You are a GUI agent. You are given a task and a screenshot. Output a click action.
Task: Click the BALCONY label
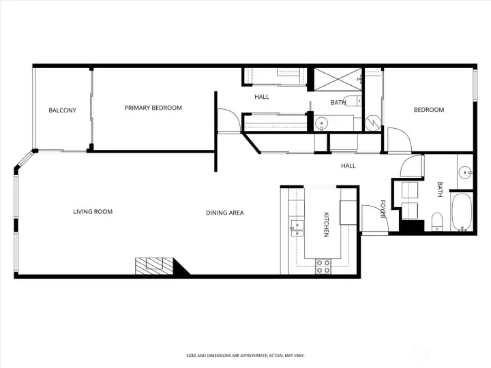click(x=62, y=110)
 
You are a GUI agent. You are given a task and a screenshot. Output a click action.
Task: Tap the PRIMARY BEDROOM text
click(x=153, y=108)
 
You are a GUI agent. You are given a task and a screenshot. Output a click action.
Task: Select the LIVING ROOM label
click(x=93, y=212)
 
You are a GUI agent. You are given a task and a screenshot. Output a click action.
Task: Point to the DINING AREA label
click(x=225, y=213)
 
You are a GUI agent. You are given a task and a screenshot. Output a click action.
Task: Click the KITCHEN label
click(x=326, y=224)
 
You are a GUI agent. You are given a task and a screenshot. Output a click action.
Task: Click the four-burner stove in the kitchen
click(x=323, y=266)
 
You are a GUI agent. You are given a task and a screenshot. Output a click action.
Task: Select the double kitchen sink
click(x=297, y=226)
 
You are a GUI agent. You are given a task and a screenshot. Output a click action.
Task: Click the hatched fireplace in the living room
click(x=155, y=266)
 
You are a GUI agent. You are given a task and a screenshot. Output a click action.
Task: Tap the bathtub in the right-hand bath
click(x=462, y=213)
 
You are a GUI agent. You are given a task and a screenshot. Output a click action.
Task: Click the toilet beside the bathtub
click(x=438, y=221)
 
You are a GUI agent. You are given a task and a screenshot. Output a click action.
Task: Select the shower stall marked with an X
click(x=335, y=79)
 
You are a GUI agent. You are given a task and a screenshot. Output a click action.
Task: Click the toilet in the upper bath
click(x=351, y=102)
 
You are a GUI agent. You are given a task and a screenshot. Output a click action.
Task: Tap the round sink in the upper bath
click(x=323, y=123)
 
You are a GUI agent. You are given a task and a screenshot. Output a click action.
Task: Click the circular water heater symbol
click(x=373, y=123)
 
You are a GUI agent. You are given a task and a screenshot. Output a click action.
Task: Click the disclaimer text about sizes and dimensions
click(x=245, y=356)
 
